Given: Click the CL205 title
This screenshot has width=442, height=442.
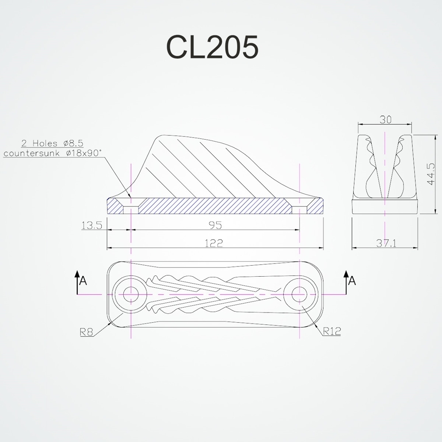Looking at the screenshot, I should (212, 47).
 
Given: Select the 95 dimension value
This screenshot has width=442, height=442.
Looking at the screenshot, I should (215, 225).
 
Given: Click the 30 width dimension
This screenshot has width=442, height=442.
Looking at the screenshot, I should (385, 119).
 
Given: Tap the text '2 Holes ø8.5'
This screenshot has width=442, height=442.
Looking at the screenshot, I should (53, 143).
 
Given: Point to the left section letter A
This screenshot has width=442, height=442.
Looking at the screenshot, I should (83, 281).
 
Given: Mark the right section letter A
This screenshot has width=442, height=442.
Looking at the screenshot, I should (352, 281).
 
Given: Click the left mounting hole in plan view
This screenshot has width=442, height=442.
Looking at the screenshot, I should (131, 293).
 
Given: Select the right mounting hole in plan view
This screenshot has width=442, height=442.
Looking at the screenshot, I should (300, 293).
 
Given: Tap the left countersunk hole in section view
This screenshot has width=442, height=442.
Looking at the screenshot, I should (131, 206).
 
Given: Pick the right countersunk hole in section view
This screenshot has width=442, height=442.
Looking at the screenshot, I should (300, 206).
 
